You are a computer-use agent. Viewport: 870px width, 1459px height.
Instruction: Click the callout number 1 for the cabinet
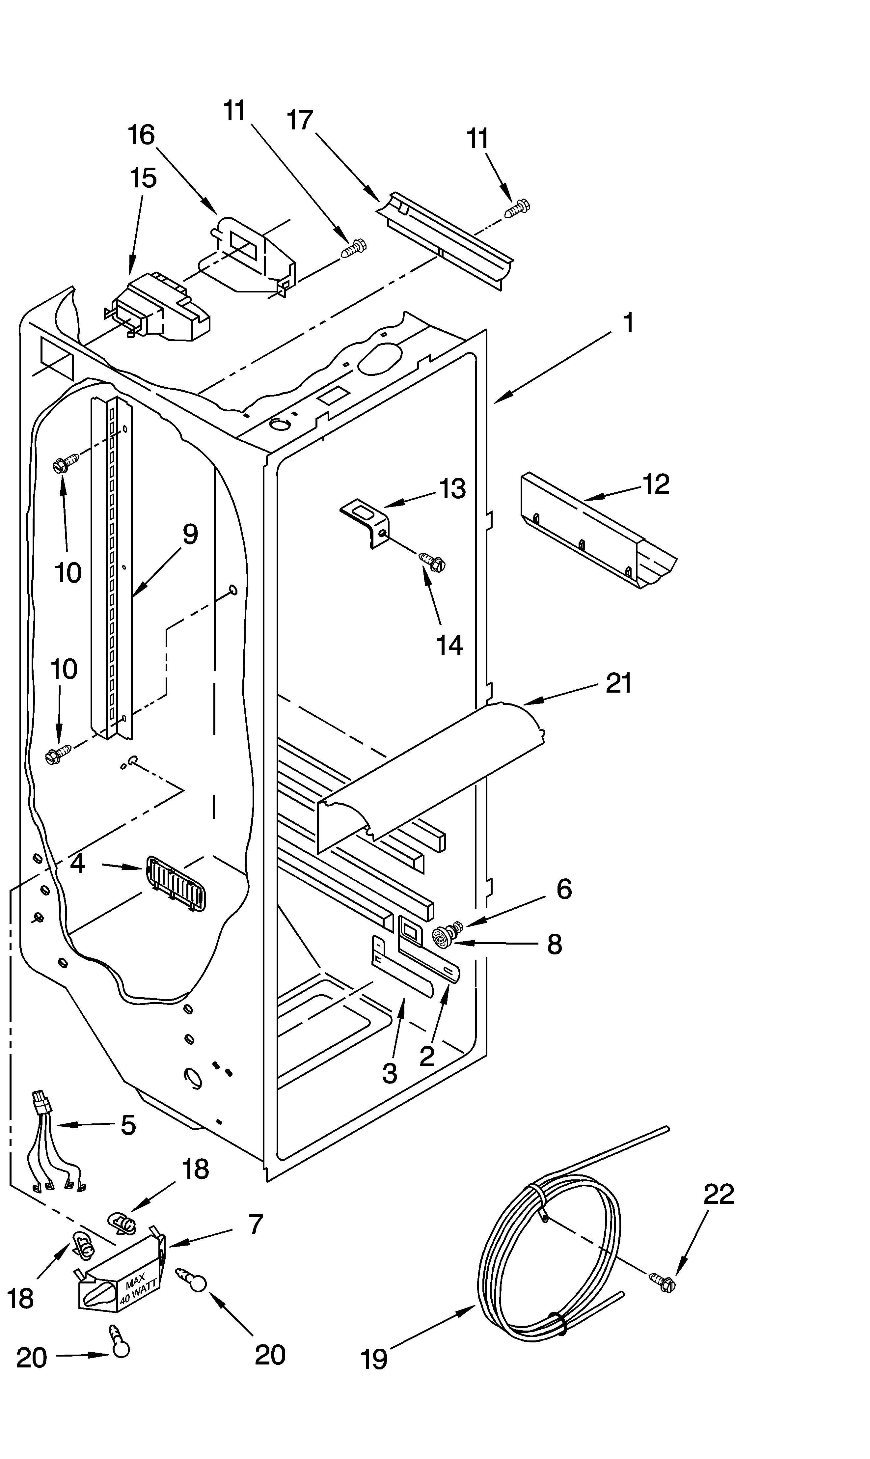tap(628, 323)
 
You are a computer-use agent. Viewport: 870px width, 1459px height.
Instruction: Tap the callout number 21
tap(618, 683)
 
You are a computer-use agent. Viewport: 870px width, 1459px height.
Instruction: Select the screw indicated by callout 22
tap(663, 1282)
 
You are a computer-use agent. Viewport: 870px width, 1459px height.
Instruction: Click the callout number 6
tap(563, 889)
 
